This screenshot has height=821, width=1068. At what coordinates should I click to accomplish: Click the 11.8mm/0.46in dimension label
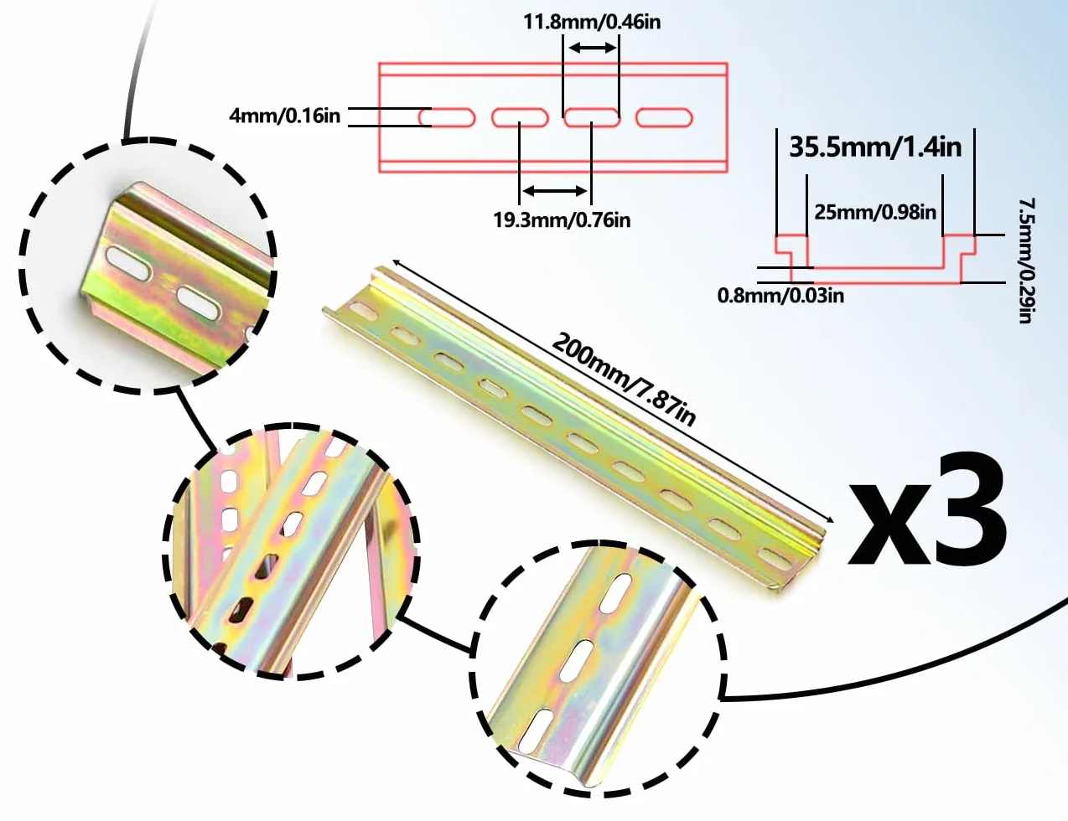(x=592, y=22)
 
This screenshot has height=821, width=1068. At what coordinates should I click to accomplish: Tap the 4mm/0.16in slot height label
(x=284, y=116)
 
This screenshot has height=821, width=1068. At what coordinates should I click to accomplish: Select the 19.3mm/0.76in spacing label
(x=562, y=220)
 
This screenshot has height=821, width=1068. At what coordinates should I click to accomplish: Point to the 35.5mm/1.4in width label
(x=875, y=147)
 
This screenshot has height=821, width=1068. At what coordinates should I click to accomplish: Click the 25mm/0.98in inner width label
(x=875, y=212)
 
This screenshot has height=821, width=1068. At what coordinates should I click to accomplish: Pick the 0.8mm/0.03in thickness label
(x=780, y=296)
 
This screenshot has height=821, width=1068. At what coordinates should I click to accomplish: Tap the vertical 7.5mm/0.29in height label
(x=1026, y=261)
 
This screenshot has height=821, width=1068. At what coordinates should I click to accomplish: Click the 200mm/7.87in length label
(x=625, y=379)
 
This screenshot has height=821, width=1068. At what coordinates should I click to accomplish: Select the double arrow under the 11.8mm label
(x=592, y=48)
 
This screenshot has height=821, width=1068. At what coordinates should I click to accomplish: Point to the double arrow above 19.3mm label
(x=555, y=190)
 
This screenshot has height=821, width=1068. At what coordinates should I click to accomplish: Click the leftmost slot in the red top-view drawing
(x=447, y=118)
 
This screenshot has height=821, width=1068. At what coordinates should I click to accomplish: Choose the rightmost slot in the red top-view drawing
(x=664, y=118)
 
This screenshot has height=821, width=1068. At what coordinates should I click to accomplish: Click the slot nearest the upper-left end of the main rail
(x=363, y=310)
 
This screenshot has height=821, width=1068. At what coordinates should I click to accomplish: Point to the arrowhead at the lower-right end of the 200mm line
(x=830, y=520)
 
